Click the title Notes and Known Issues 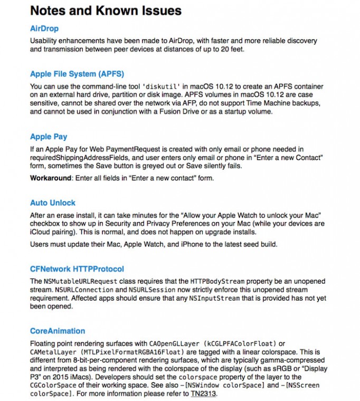point(106,10)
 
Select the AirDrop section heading point(44,28)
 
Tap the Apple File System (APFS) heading point(77,74)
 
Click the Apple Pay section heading point(49,137)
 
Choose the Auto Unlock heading point(53,203)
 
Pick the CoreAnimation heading point(58,331)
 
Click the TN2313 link point(204,394)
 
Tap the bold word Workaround point(50,178)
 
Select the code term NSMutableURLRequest point(81,281)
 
